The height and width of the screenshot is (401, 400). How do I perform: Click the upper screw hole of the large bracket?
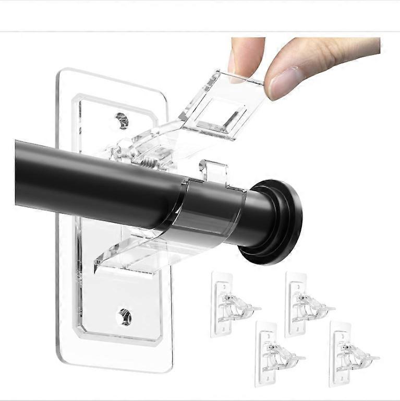tap(122, 120)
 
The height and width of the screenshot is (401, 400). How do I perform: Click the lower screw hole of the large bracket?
tap(125, 316)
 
